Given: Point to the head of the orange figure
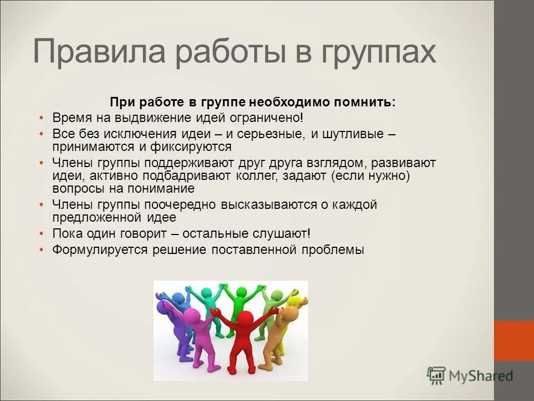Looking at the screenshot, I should [x=290, y=313].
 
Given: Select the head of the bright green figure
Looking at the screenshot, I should [x=241, y=293].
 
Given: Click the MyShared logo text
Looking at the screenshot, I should [x=479, y=375].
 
